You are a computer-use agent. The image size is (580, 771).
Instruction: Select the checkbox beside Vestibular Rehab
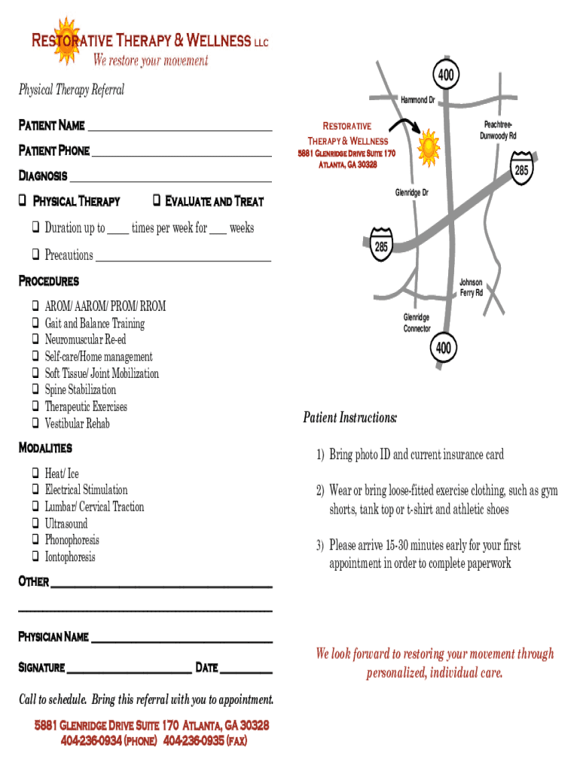35,423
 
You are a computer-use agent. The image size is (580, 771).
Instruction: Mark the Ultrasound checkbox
35,523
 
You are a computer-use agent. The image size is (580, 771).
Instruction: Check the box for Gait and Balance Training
35,323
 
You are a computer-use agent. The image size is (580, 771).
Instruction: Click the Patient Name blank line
179,129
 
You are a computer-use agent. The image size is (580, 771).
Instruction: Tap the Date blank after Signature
246,670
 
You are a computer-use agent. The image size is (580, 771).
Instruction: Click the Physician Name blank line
182,640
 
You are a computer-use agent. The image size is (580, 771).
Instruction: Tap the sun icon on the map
427,145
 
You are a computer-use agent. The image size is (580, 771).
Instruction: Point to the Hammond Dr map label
418,100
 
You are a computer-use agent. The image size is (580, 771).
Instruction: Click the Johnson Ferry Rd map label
471,288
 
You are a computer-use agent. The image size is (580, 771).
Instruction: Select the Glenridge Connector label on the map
417,323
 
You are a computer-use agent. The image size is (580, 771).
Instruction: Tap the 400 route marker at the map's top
445,75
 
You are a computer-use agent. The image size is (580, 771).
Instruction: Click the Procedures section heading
48,282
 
